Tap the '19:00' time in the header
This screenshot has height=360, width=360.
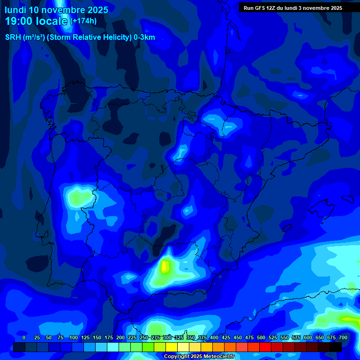pos(18,21)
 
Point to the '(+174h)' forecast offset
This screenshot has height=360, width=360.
pos(83,21)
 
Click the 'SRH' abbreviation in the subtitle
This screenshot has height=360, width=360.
pos(14,37)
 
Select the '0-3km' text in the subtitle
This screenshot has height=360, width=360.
pos(144,37)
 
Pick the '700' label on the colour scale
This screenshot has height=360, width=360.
pos(343,337)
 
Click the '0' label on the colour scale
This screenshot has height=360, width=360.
pos(24,337)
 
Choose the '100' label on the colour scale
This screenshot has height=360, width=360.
pos(74,337)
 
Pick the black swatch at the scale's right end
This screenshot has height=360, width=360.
pos(336,347)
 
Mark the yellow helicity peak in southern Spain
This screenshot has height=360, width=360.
pos(165,267)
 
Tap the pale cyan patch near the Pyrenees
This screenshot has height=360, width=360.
pos(229,127)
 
